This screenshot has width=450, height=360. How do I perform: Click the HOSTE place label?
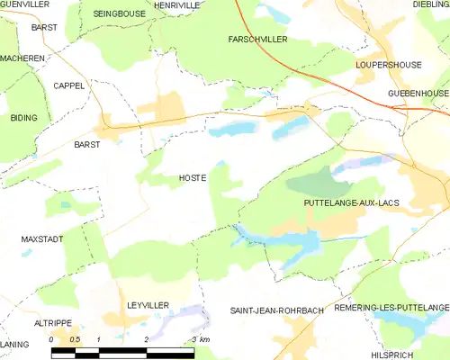[x=193, y=178]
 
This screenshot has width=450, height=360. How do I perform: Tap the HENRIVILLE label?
[x=177, y=5]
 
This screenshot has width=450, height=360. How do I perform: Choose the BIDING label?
[x=23, y=118]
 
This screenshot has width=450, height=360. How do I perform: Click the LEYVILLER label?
[x=148, y=306]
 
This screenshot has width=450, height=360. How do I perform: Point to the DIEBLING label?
[x=431, y=5]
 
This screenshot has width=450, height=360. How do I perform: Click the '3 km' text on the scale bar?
[x=200, y=339]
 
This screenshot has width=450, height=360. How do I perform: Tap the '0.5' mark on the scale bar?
[x=74, y=339]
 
